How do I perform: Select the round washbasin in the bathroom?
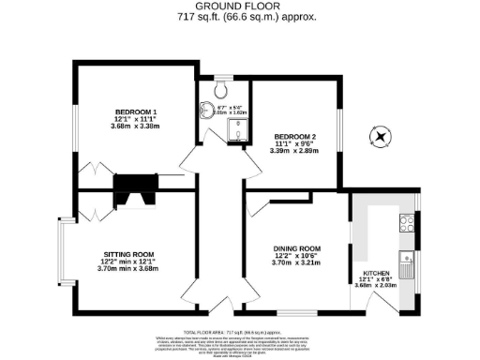pyautogui.click(x=206, y=110)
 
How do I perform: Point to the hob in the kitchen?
pyautogui.click(x=409, y=223)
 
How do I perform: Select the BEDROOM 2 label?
pyautogui.click(x=294, y=136)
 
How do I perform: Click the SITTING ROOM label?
pyautogui.click(x=129, y=254)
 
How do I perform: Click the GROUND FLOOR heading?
pyautogui.click(x=240, y=7)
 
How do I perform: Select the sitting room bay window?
pyautogui.click(x=62, y=253)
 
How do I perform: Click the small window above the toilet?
pyautogui.click(x=221, y=75)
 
